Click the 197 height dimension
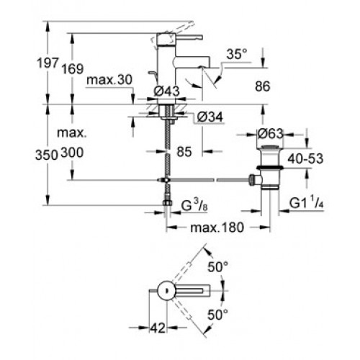(48, 63)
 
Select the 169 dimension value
(73, 68)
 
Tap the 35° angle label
(237, 54)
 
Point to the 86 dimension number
(263, 86)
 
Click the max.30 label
(109, 80)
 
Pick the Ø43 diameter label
(166, 91)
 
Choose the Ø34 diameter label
(210, 117)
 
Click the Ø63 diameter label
(270, 134)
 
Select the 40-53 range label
(305, 158)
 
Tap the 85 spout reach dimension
(184, 152)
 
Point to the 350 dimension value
(47, 155)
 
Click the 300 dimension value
(72, 153)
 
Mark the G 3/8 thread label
(194, 205)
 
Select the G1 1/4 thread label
(307, 203)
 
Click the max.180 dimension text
(217, 228)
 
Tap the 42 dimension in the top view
(158, 328)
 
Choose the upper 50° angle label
(218, 267)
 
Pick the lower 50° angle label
(218, 315)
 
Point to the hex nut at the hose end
(167, 203)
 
